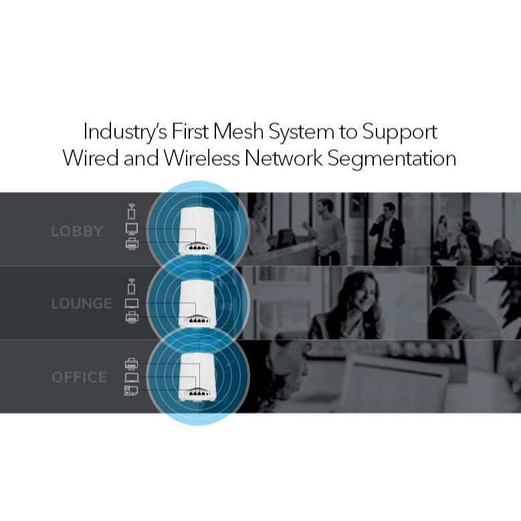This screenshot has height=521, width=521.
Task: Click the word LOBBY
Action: tap(77, 231)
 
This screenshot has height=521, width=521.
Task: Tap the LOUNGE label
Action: tap(81, 304)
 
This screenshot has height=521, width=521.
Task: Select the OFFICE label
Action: tap(79, 377)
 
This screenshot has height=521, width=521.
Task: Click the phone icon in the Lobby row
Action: tap(131, 213)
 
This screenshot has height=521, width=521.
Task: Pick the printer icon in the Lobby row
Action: tap(131, 244)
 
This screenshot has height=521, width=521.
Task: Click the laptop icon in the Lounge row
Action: tap(131, 303)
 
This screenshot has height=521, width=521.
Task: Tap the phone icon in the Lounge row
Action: tap(131, 288)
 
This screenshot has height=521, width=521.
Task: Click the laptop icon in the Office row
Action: tap(131, 377)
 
